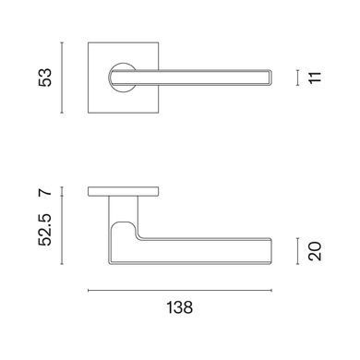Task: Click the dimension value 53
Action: [45, 78]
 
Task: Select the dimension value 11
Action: [315, 78]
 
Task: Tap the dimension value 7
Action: [45, 193]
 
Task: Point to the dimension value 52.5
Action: [45, 230]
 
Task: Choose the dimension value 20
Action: [315, 251]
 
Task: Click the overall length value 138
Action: [180, 307]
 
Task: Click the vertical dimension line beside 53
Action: [62, 78]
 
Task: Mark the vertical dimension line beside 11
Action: [297, 78]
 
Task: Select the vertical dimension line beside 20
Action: [297, 251]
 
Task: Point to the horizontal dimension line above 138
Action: [180, 290]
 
